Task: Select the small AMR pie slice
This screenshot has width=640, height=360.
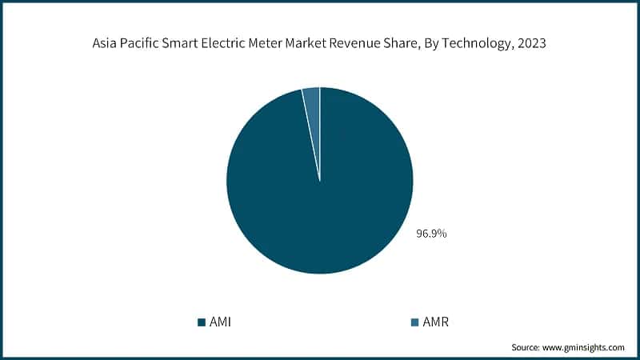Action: coord(312,100)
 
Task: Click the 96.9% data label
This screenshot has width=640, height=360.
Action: coord(431,234)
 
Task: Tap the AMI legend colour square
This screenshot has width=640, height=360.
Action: coord(202,322)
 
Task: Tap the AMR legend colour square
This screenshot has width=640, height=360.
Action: coord(414,322)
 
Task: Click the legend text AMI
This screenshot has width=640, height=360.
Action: coord(221,322)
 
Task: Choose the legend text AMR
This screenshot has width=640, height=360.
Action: coord(435,322)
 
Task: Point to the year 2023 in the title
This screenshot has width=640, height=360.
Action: coord(532,45)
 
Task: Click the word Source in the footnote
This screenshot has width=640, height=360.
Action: coord(526,347)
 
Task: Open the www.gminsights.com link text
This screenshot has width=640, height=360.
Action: coord(585,347)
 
